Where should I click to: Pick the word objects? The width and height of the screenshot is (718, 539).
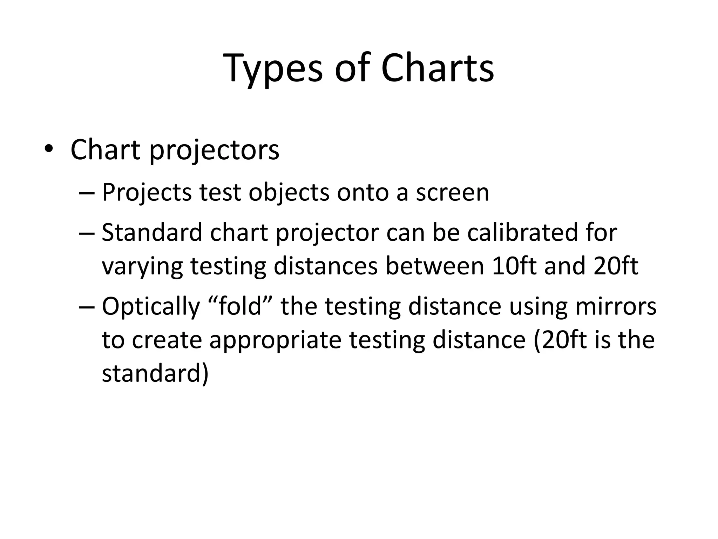[x=289, y=193]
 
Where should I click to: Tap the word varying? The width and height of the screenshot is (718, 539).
[x=142, y=267]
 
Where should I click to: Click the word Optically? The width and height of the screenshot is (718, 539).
[x=150, y=307]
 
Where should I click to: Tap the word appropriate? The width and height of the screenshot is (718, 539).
[x=275, y=340]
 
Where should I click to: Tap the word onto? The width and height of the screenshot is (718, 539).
[x=363, y=193]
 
